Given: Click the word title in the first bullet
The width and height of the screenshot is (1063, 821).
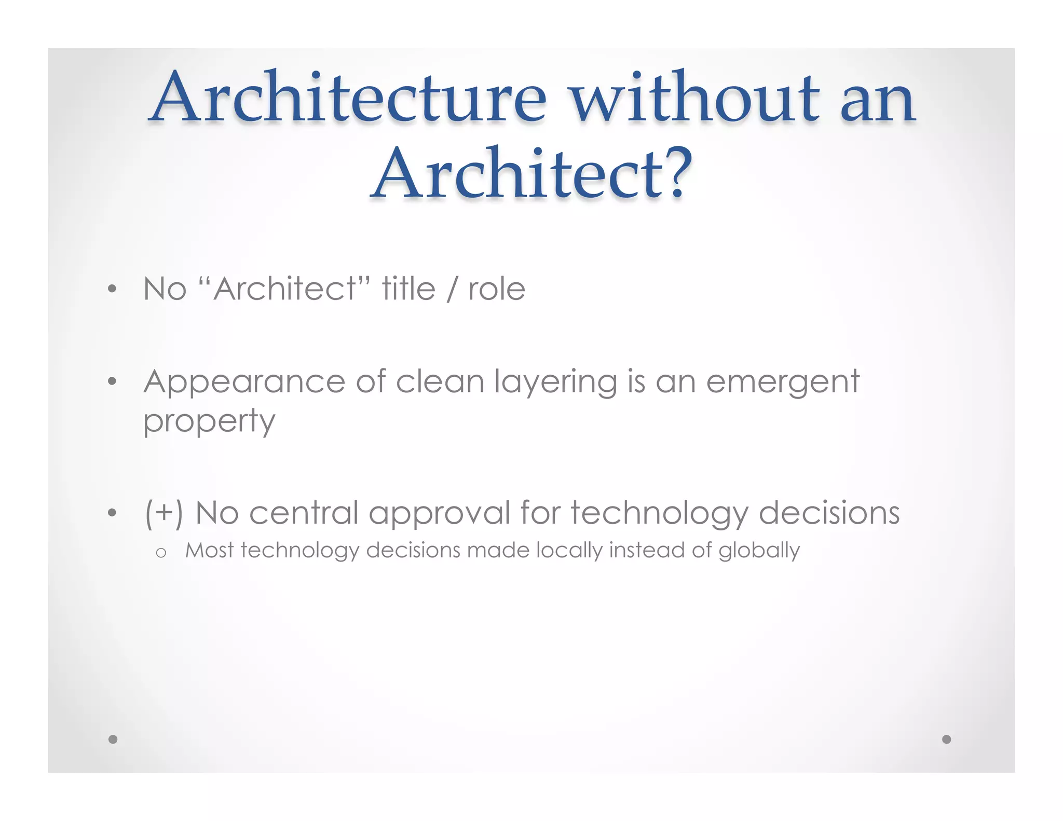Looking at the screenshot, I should pyautogui.click(x=408, y=289).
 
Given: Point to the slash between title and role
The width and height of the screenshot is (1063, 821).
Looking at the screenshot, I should pyautogui.click(x=452, y=290).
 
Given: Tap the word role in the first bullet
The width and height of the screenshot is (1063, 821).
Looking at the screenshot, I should pyautogui.click(x=497, y=290).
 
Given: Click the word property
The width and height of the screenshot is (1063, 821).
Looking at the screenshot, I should pyautogui.click(x=209, y=421).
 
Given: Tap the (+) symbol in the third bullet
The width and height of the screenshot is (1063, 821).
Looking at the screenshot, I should pyautogui.click(x=164, y=513).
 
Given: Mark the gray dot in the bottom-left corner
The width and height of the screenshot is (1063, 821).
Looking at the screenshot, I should pyautogui.click(x=113, y=739).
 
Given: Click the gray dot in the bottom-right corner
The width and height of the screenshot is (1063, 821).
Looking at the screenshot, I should pyautogui.click(x=946, y=739).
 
